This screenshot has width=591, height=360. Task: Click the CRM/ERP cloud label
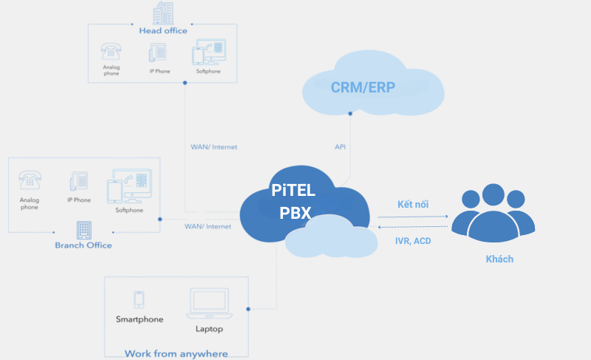coord(363,87)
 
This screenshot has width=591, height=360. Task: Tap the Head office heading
coord(163,30)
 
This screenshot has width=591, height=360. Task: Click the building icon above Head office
coord(163,13)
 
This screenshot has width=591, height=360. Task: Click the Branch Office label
coord(83,245)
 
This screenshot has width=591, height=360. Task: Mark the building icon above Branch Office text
coord(83,228)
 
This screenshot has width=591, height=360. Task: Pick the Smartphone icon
coord(138,299)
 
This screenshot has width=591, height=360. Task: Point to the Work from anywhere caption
coord(176,353)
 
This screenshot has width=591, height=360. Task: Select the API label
coord(340,147)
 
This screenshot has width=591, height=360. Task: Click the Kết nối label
coord(413,204)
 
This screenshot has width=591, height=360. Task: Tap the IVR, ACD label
coord(413,241)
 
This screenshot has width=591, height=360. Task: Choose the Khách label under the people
coord(499,259)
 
